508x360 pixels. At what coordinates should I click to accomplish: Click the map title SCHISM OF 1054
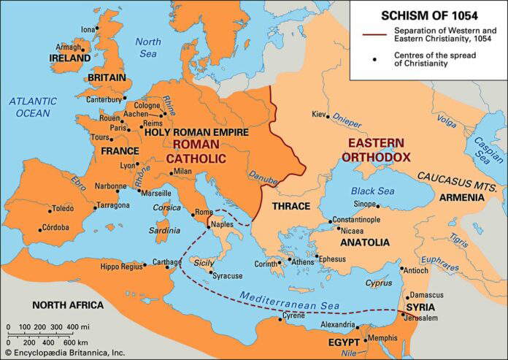tap(426, 14)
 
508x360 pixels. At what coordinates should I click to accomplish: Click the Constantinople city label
tap(364, 219)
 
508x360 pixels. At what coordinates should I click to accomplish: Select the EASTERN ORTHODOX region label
tap(379, 149)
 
